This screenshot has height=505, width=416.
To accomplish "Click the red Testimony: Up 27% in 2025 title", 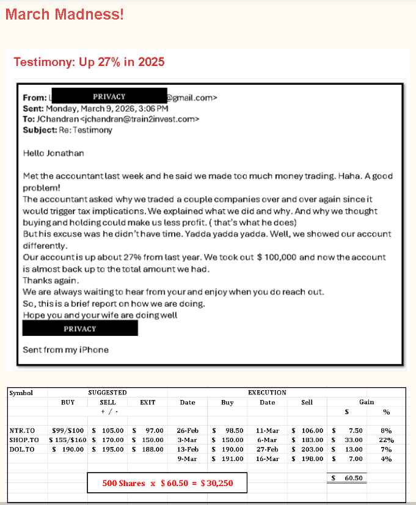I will pyautogui.click(x=89, y=62).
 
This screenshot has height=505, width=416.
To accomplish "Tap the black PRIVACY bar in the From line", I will pyautogui.click(x=109, y=96).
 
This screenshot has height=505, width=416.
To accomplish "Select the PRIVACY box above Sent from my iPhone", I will pyautogui.click(x=80, y=329).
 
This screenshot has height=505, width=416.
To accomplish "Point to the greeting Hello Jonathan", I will pyautogui.click(x=53, y=153).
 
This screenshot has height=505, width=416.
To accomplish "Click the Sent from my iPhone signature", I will pyautogui.click(x=65, y=350).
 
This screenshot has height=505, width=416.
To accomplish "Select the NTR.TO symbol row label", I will pyautogui.click(x=23, y=431).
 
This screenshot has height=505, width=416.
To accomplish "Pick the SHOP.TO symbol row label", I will pyautogui.click(x=24, y=440).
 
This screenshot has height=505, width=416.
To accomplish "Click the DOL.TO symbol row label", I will pyautogui.click(x=23, y=449).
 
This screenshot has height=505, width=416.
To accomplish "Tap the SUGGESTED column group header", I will pyautogui.click(x=108, y=393).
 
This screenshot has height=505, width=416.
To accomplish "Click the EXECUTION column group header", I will pyautogui.click(x=267, y=393).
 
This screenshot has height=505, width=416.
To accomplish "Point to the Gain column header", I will pyautogui.click(x=367, y=402).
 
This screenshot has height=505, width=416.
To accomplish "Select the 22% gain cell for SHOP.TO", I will pyautogui.click(x=386, y=440).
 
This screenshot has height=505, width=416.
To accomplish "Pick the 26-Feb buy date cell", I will pyautogui.click(x=188, y=431).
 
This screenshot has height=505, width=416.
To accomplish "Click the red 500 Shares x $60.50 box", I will pyautogui.click(x=167, y=483).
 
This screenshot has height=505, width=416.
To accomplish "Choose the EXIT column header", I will pyautogui.click(x=148, y=402).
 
